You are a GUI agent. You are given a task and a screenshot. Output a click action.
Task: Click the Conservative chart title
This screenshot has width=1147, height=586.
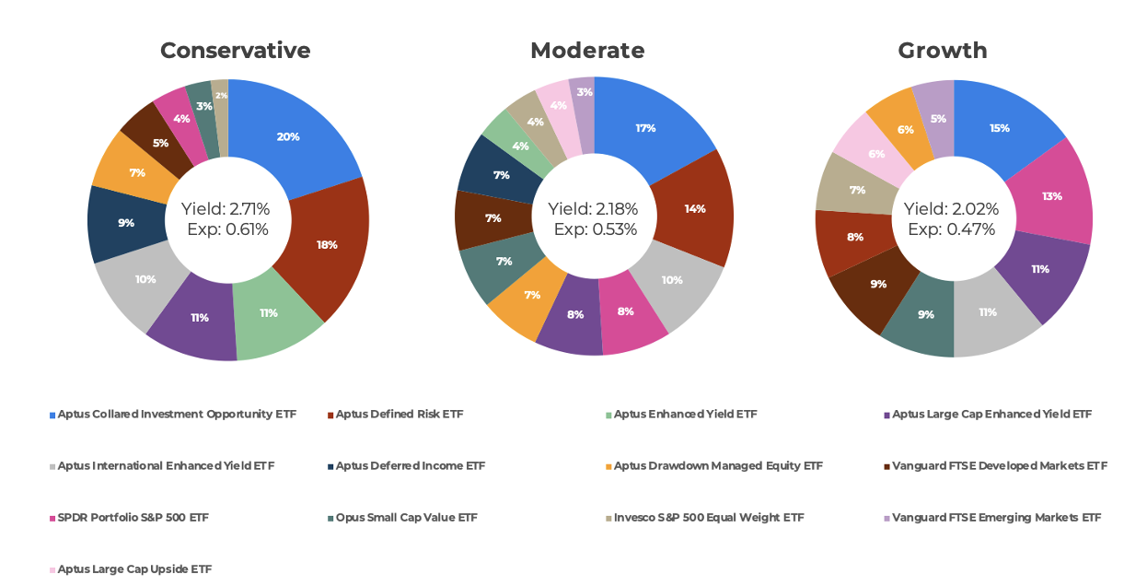(235, 50)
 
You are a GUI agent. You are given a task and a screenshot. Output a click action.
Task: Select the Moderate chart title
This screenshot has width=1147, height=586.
(587, 50)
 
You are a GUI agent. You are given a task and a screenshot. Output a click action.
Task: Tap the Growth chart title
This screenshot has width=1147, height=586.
(942, 50)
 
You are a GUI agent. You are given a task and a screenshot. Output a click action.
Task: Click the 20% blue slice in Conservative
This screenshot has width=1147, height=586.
(289, 136)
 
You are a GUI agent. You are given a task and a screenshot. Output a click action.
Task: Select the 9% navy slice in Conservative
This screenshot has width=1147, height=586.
(125, 223)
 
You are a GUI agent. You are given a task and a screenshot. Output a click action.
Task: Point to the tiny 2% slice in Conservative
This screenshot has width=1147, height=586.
(221, 95)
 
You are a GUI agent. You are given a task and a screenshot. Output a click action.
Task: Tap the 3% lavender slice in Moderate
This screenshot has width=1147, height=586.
(584, 92)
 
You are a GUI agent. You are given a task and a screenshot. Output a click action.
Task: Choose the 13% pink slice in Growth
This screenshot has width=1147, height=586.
(1051, 195)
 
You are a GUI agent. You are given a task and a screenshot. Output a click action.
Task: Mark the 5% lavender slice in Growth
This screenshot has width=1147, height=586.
(936, 118)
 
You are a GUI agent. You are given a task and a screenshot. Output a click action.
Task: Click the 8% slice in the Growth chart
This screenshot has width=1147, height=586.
(855, 237)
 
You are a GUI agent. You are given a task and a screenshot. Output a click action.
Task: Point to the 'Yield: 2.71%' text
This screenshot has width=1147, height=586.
(225, 209)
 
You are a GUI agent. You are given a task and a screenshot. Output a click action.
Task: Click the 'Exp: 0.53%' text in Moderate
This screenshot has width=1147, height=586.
(595, 229)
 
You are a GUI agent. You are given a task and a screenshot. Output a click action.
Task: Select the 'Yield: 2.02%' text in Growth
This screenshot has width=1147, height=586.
(951, 209)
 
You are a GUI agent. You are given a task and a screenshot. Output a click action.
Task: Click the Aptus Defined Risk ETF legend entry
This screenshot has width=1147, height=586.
(399, 415)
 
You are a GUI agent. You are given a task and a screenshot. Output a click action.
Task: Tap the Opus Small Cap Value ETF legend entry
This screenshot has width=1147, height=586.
(406, 518)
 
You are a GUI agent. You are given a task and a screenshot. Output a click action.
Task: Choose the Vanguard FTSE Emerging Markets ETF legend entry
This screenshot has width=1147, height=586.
(995, 518)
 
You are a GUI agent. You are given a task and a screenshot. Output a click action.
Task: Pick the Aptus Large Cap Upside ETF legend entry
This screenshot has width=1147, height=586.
(134, 569)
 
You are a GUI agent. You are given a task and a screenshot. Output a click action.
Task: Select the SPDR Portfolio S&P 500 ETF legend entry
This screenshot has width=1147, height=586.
(133, 518)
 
